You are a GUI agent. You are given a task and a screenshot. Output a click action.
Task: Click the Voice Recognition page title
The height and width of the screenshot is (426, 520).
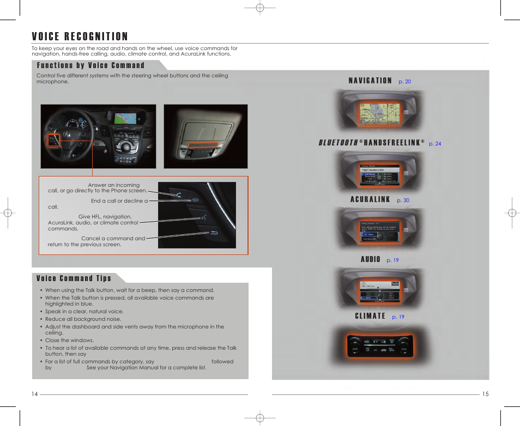pyautogui.click(x=80, y=36)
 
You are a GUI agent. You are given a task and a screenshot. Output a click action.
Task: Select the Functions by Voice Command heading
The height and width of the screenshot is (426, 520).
pyautogui.click(x=90, y=65)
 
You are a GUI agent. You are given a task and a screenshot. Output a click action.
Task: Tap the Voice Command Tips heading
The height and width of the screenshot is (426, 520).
pyautogui.click(x=74, y=278)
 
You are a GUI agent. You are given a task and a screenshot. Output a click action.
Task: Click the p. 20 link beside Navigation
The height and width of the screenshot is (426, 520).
pyautogui.click(x=404, y=82)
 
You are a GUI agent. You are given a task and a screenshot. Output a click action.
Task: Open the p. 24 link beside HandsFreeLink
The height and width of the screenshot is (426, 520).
pyautogui.click(x=434, y=144)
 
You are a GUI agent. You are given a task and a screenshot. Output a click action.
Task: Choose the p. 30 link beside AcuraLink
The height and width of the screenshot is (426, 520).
pyautogui.click(x=403, y=200)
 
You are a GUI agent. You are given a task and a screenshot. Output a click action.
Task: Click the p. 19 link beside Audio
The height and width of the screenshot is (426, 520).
pyautogui.click(x=392, y=260)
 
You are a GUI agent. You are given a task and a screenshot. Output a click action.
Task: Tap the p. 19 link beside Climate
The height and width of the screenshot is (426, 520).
pyautogui.click(x=398, y=317)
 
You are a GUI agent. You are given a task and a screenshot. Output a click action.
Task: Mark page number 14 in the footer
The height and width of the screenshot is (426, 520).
pyautogui.click(x=35, y=394)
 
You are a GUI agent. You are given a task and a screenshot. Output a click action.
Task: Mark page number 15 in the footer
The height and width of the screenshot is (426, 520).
pyautogui.click(x=486, y=394)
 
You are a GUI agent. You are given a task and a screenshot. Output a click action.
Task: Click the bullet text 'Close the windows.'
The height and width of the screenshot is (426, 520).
pyautogui.click(x=69, y=340)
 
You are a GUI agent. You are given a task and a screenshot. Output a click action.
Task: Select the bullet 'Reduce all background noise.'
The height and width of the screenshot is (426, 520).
pyautogui.click(x=83, y=319)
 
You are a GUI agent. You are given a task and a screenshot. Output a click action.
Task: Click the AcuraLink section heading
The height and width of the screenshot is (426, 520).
pyautogui.click(x=370, y=200)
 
